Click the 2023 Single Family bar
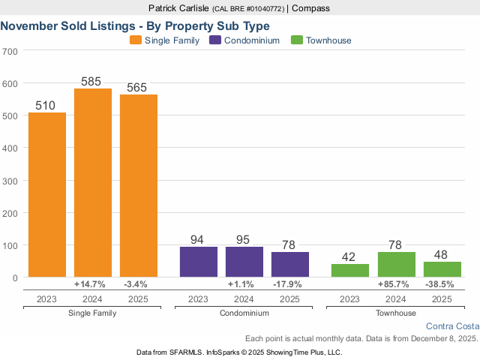(x=47, y=195)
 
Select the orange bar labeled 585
(x=93, y=183)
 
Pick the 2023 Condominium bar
(x=199, y=262)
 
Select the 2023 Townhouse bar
(x=350, y=271)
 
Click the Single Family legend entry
(x=164, y=40)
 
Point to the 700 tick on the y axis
(x=10, y=52)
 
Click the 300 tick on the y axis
(x=10, y=181)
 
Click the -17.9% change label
(x=290, y=285)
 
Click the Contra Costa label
(x=451, y=326)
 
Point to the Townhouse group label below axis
(x=396, y=313)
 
